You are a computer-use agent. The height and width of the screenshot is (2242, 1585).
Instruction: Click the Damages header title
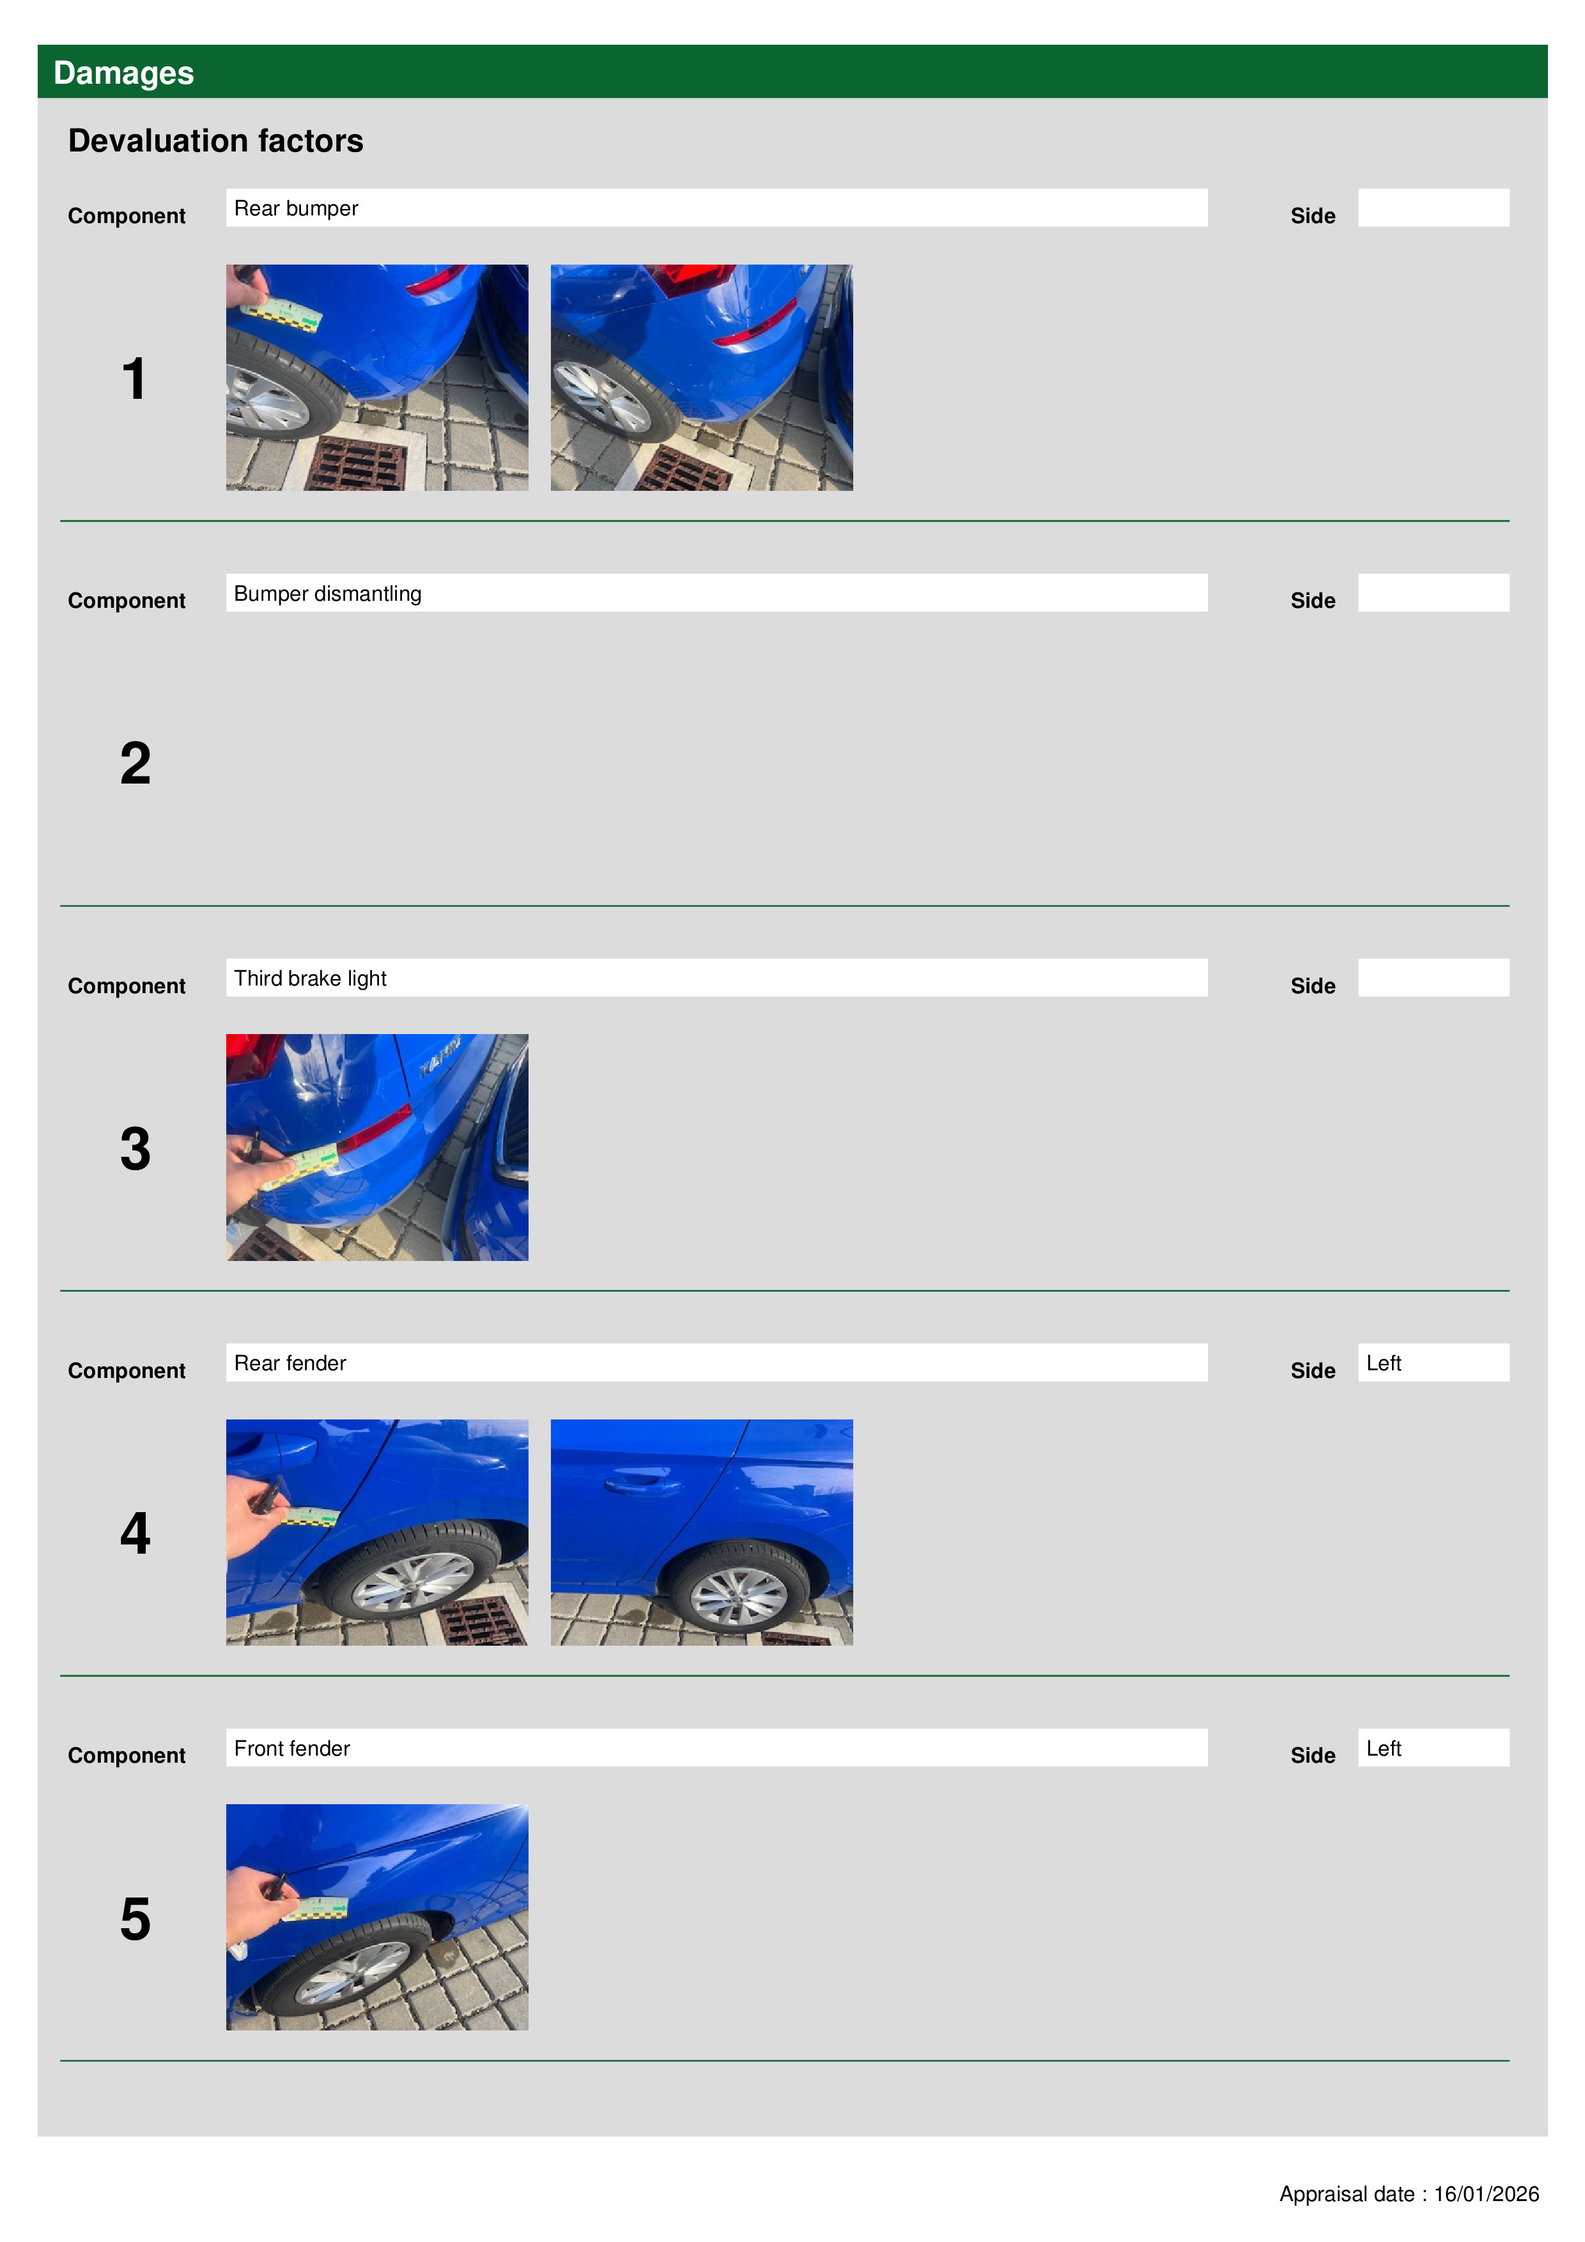(x=123, y=72)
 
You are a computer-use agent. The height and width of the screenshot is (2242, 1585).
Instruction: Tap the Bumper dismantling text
(x=327, y=594)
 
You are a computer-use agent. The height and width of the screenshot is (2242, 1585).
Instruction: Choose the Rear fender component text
(x=290, y=1363)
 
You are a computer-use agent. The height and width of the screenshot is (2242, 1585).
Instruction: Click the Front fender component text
(x=292, y=1748)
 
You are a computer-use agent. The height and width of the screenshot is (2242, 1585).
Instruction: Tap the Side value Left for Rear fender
(x=1383, y=1363)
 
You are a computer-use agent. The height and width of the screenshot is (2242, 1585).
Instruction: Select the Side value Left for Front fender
(x=1383, y=1748)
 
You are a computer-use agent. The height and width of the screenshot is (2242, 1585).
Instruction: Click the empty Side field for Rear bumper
(x=1433, y=208)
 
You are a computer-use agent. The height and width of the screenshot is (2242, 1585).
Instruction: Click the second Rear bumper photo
(x=701, y=377)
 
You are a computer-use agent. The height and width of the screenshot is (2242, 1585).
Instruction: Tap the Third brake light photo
(x=377, y=1147)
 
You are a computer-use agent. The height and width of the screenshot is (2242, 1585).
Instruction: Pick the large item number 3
(x=135, y=1148)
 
